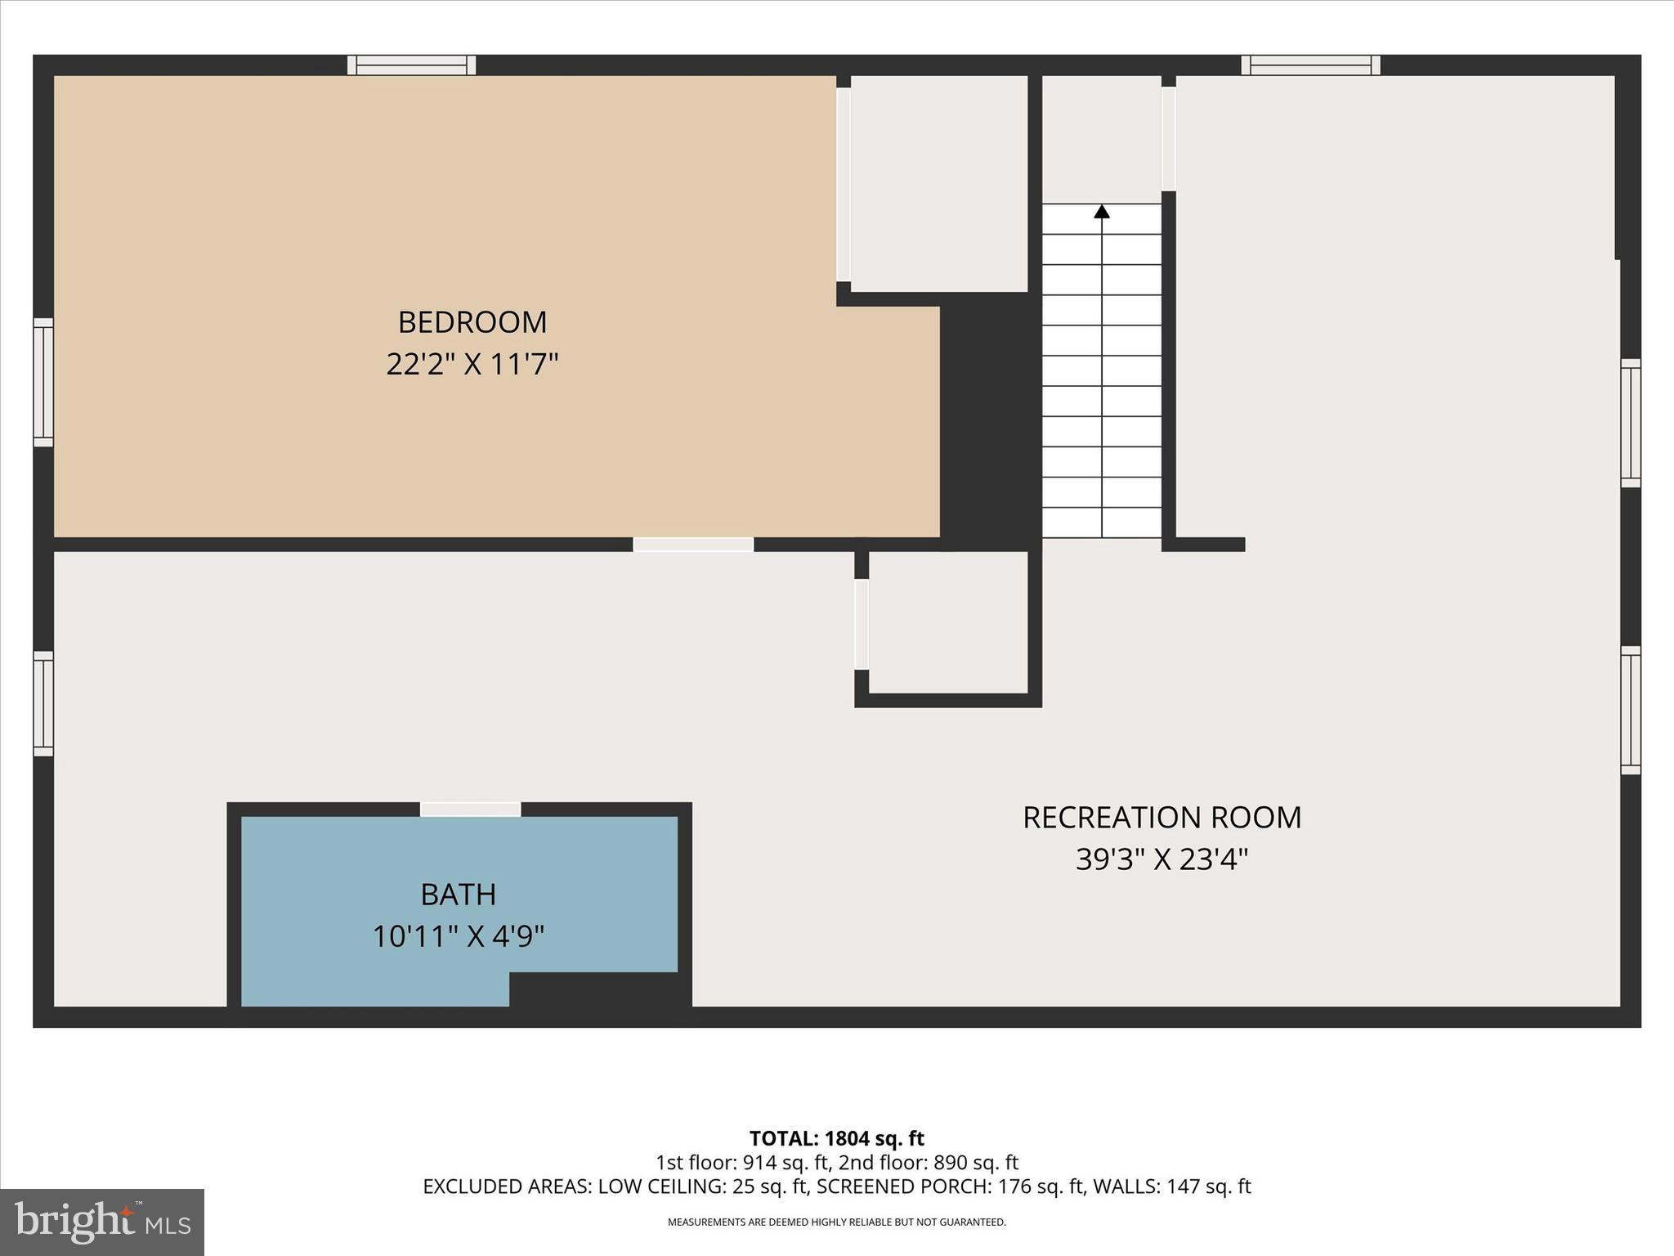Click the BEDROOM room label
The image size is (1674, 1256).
472,322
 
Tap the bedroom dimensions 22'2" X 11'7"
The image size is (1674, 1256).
472,365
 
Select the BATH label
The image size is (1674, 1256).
458,895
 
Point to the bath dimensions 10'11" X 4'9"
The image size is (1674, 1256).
458,936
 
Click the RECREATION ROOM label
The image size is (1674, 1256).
1162,818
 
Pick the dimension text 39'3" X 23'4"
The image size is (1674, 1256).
1162,859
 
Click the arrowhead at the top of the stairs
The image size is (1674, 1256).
1102,212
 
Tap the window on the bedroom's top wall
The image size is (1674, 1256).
411,65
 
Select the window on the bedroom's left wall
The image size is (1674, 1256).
43,383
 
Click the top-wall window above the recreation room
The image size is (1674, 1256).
1310,65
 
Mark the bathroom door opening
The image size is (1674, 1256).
470,810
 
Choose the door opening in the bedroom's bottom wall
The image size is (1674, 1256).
693,545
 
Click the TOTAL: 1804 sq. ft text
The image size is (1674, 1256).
836,1138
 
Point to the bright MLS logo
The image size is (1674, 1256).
102,1222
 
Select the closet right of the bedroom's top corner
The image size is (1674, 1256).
938,184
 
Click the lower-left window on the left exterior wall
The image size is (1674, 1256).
43,704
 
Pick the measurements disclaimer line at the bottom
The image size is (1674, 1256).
836,1222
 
